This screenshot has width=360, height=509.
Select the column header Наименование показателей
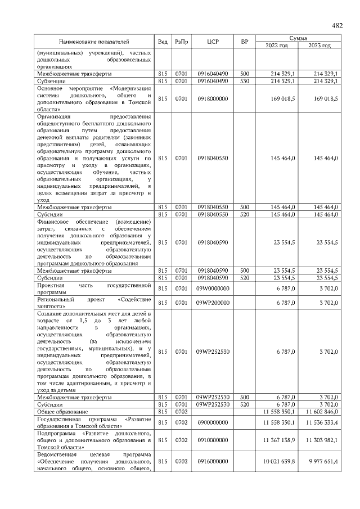click(x=94, y=42)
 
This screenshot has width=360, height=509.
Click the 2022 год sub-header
click(x=277, y=46)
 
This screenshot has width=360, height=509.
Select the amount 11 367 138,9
click(x=276, y=442)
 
